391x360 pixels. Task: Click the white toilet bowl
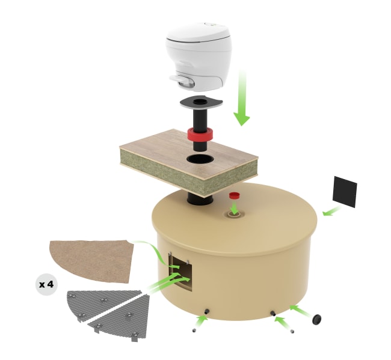(x=199, y=55)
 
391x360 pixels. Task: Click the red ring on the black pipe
(x=200, y=135)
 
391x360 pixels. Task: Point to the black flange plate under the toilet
(x=201, y=102)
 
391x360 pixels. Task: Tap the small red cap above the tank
(x=234, y=195)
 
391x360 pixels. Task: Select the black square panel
(x=345, y=192)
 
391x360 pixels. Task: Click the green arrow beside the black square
(x=331, y=211)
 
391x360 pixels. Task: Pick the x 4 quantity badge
(x=46, y=284)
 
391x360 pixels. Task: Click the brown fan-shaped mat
(x=92, y=260)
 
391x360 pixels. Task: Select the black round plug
(x=316, y=319)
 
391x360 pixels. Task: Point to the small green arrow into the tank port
(x=234, y=208)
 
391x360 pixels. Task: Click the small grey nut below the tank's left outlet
(x=194, y=331)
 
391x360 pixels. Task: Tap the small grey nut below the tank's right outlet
(x=292, y=331)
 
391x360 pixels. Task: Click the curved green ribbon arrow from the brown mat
(x=157, y=254)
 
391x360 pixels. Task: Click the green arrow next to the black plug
(x=301, y=311)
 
